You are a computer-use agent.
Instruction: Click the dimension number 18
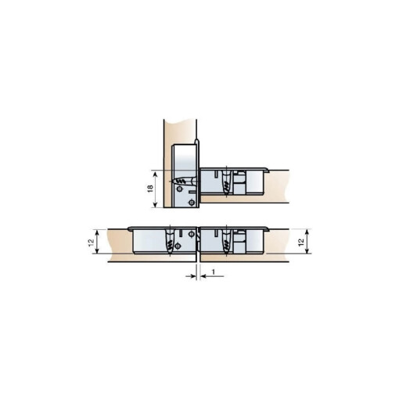click(x=150, y=188)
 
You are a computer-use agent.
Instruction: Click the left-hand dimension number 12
click(x=92, y=243)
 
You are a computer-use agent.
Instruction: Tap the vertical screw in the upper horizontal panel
click(x=225, y=183)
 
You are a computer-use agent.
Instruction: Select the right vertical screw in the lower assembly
click(x=225, y=243)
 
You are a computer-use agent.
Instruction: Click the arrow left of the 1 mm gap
click(x=192, y=275)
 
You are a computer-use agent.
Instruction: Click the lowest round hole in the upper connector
click(x=191, y=202)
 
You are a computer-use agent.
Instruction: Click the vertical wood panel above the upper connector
click(x=178, y=130)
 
